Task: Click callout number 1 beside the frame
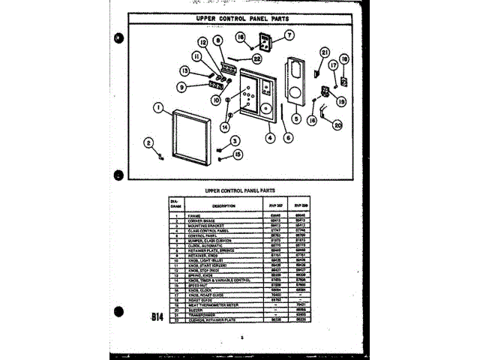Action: click(158, 108)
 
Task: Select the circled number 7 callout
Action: click(289, 34)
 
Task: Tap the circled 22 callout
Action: click(256, 58)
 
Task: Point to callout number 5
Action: click(296, 118)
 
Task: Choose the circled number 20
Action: click(337, 125)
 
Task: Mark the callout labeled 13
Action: click(184, 71)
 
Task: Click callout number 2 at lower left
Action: click(148, 142)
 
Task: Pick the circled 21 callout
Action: click(325, 52)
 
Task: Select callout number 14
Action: click(224, 127)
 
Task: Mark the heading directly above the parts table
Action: click(241, 190)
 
